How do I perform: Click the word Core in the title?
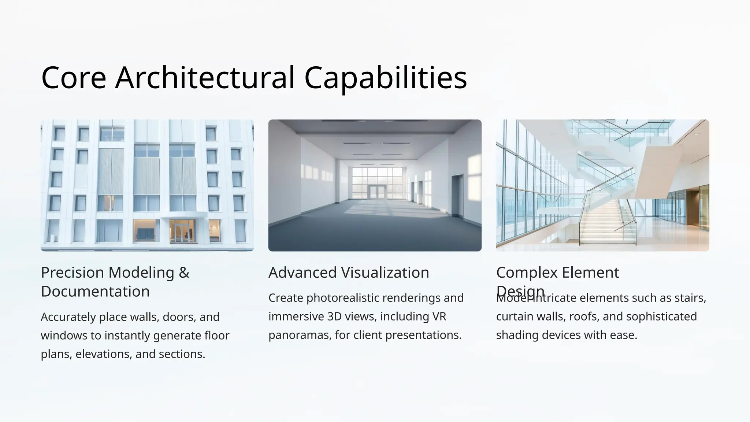click(x=74, y=78)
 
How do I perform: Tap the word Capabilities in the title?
click(x=386, y=78)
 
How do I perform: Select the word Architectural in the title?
click(x=205, y=78)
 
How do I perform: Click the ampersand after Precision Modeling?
click(x=184, y=273)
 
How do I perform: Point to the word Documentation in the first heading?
click(x=95, y=292)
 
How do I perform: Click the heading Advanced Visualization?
click(x=349, y=273)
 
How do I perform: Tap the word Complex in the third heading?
click(x=526, y=273)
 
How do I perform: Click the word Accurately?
click(x=68, y=317)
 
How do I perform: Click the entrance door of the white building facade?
click(x=182, y=231)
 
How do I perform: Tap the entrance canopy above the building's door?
click(x=184, y=215)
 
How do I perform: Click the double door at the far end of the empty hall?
click(x=377, y=192)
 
